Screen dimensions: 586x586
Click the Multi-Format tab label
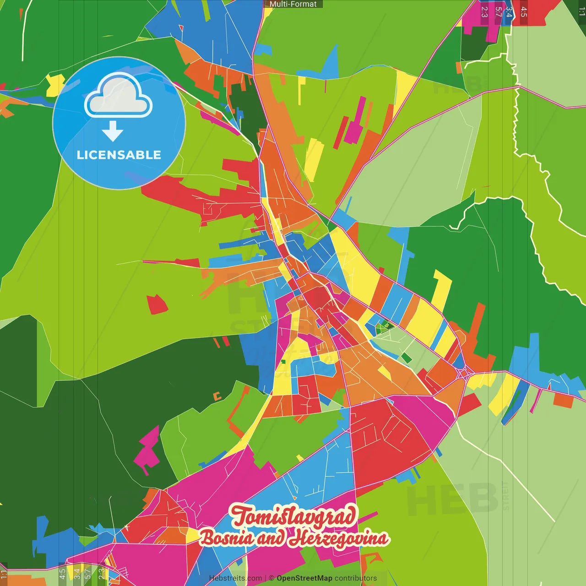pos(293,4)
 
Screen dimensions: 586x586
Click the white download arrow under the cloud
pos(113,131)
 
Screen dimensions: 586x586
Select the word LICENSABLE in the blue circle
pos(119,155)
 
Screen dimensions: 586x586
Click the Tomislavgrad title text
pos(293,516)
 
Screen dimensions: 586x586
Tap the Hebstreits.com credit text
pos(235,578)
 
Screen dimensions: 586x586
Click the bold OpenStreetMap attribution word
pos(304,578)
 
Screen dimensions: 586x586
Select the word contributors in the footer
pos(356,578)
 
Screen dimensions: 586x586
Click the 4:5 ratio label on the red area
pos(524,12)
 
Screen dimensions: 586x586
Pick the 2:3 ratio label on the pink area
pos(484,12)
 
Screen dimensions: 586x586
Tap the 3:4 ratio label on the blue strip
pos(509,12)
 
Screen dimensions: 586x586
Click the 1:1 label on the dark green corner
pos(581,12)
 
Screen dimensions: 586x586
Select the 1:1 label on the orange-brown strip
pos(4,575)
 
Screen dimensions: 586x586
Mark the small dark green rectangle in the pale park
pos(406,358)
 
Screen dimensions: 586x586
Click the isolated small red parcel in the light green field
pos(157,304)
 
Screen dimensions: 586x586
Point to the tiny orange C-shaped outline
pos(217,396)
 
